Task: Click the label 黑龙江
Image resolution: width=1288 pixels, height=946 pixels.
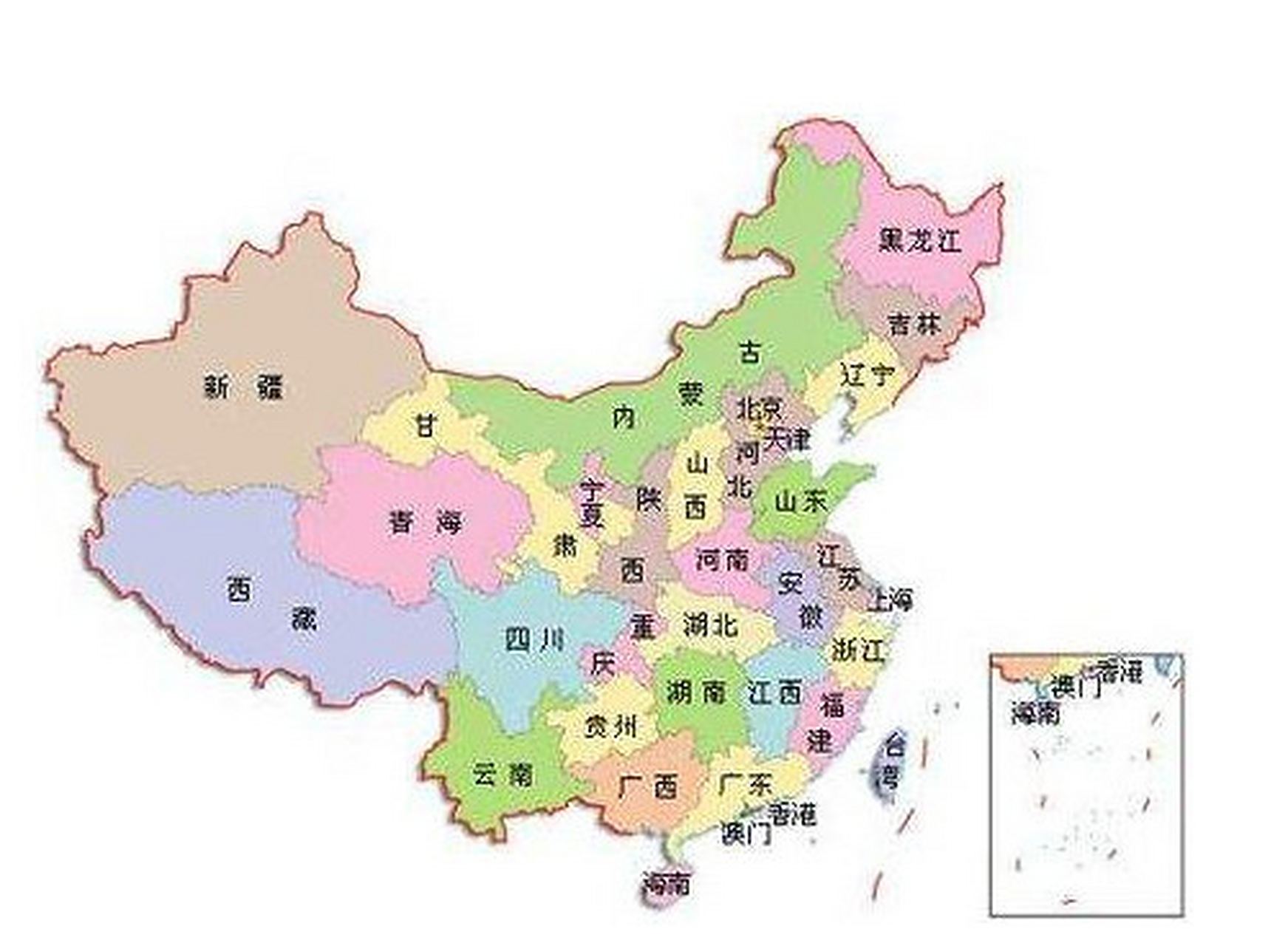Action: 919,240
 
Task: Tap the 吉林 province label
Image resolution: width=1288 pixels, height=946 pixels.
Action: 915,324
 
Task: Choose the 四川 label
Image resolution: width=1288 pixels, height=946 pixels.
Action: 534,639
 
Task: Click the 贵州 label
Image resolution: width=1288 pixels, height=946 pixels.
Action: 610,727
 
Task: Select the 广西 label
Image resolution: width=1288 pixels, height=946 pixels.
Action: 647,786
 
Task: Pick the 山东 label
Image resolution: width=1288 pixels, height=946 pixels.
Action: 800,502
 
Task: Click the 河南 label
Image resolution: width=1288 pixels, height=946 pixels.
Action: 722,561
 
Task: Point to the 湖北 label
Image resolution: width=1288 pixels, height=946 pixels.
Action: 710,625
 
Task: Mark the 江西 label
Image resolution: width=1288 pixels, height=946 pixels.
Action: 774,693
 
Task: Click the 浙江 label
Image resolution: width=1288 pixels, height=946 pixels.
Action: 857,650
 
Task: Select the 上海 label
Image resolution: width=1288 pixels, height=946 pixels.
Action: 890,599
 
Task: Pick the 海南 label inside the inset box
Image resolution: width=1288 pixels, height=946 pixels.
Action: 1035,714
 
